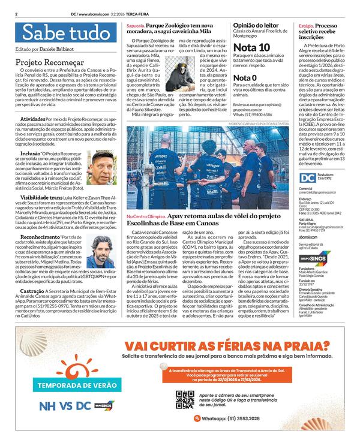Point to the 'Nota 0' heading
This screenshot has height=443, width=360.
(245, 78)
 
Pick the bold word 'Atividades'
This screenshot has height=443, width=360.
(32, 119)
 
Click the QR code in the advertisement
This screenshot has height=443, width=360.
(185, 399)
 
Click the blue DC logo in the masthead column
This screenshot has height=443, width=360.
(307, 178)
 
